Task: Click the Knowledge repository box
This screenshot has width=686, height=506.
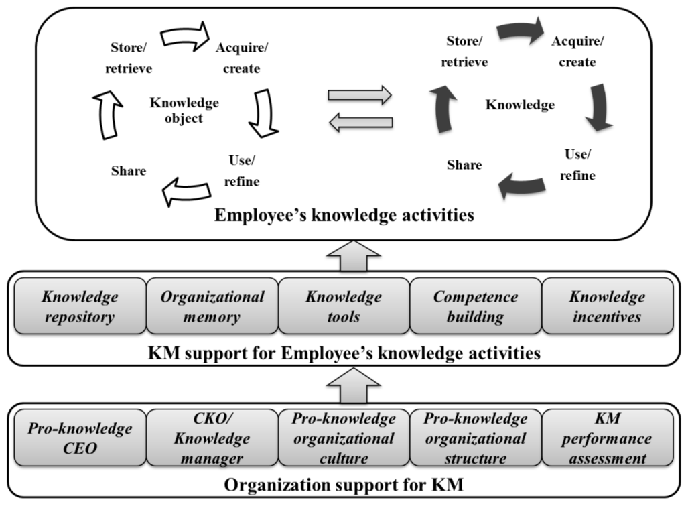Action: point(80,306)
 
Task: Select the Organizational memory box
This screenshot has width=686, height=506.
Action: point(212,306)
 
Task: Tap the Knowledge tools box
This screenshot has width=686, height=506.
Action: point(343,306)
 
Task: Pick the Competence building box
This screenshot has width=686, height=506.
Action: point(475,306)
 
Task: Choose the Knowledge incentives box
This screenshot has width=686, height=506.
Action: point(608,306)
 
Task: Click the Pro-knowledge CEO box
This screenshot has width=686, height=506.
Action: point(80,438)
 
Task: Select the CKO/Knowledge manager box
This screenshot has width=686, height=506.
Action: point(212,438)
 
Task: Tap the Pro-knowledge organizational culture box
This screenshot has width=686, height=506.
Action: point(343,438)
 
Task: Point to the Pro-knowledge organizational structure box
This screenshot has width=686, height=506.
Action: point(475,438)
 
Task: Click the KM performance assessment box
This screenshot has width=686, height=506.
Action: point(608,438)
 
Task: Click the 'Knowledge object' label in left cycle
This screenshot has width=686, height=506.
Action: point(184,111)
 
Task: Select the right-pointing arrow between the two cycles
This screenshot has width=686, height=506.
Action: point(360,94)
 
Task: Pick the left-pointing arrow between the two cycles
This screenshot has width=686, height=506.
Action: point(360,121)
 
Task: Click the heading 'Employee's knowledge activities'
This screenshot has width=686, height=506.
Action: point(344,216)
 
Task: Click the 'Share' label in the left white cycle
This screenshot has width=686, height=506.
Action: point(129,170)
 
